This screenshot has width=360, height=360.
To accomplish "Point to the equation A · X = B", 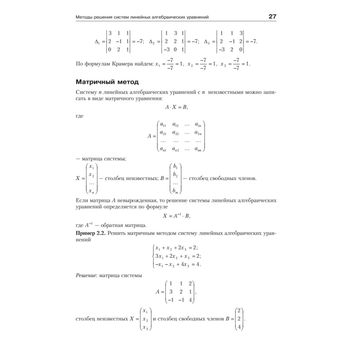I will (176, 107).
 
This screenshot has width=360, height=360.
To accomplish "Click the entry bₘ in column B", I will (176, 190).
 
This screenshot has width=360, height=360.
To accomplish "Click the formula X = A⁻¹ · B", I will (176, 216).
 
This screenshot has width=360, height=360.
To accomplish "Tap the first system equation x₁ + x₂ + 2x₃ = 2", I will (176, 248).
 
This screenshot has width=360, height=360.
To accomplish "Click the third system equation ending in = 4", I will (177, 265).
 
